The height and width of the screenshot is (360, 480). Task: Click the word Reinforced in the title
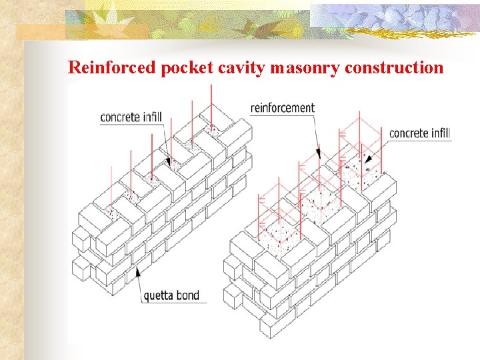112,67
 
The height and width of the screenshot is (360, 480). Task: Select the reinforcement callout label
282,107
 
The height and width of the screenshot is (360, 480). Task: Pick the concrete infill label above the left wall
131,117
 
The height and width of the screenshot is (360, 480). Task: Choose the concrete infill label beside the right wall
420,133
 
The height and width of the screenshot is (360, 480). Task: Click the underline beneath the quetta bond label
173,303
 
